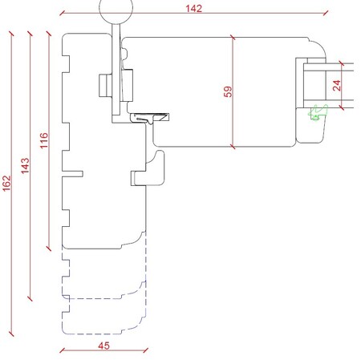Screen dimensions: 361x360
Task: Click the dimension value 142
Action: click(x=194, y=9)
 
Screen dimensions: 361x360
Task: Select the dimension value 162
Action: click(x=6, y=183)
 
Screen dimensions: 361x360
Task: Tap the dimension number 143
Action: click(x=25, y=166)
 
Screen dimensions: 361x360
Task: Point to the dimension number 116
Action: click(x=44, y=140)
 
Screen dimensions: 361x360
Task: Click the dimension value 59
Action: click(x=228, y=91)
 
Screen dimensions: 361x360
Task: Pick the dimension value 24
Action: click(x=337, y=86)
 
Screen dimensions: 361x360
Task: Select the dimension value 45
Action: click(x=103, y=346)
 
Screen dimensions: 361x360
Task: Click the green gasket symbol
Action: click(x=318, y=112)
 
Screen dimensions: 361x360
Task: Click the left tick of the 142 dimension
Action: click(x=62, y=13)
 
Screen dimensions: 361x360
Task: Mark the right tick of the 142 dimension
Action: click(x=326, y=13)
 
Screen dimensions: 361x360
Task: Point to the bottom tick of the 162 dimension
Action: click(x=11, y=334)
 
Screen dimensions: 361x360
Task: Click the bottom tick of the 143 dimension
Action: click(x=30, y=298)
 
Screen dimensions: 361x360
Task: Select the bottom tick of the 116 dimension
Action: click(x=49, y=249)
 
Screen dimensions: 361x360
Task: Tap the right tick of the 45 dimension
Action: click(x=146, y=350)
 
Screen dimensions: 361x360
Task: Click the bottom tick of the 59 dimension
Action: click(x=233, y=147)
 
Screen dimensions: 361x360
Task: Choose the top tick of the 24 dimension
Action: click(x=341, y=63)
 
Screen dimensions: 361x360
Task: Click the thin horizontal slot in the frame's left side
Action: click(x=72, y=174)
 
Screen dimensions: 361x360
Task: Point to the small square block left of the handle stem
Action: click(x=105, y=85)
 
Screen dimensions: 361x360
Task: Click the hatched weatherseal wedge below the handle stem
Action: click(x=150, y=118)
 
